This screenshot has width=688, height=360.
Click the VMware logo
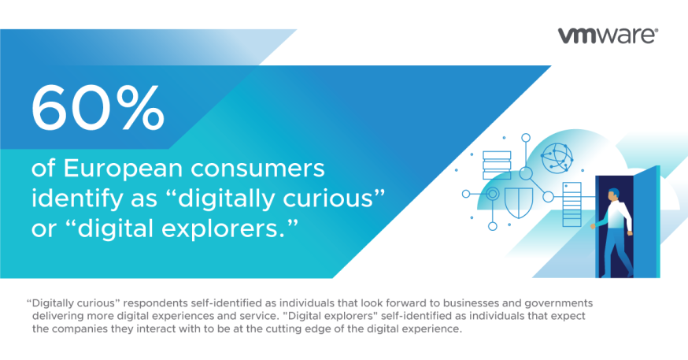(608, 36)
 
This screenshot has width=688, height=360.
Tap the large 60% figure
(98, 108)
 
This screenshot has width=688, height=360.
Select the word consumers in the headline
(258, 169)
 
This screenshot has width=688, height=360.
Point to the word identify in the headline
(77, 199)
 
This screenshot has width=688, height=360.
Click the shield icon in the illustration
(519, 202)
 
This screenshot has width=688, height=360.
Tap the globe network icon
(557, 158)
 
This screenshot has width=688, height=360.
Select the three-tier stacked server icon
(497, 165)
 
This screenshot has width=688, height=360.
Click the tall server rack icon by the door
(571, 204)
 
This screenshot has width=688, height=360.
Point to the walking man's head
(614, 194)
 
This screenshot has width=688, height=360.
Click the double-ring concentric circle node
(493, 194)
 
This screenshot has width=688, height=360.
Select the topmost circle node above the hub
(526, 138)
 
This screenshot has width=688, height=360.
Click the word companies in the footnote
(79, 329)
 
